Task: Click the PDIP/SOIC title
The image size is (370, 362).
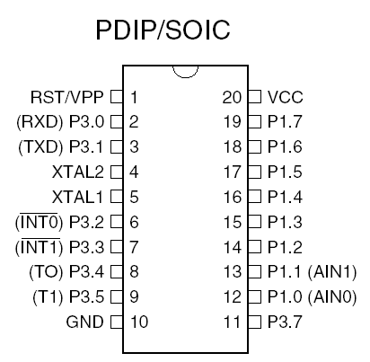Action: (163, 30)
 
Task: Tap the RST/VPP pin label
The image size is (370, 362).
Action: (67, 97)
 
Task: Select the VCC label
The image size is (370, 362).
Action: (286, 97)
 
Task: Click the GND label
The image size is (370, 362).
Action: (84, 322)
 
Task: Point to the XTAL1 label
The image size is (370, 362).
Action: (77, 197)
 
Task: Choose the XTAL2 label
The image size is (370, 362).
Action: (78, 172)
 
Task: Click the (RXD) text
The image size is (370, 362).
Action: (40, 122)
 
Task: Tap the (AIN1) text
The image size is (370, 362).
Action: (332, 272)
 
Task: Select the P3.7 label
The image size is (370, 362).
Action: (285, 322)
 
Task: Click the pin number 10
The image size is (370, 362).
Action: (139, 322)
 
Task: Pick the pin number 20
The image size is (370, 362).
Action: (232, 97)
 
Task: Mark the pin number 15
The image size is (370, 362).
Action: (233, 222)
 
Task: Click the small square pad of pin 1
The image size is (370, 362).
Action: (117, 97)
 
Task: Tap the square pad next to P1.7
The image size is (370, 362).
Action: (254, 122)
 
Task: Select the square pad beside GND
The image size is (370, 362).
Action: (117, 322)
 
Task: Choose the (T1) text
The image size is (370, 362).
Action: (48, 297)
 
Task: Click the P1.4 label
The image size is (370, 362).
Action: (285, 197)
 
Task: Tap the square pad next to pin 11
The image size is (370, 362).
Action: (254, 322)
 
